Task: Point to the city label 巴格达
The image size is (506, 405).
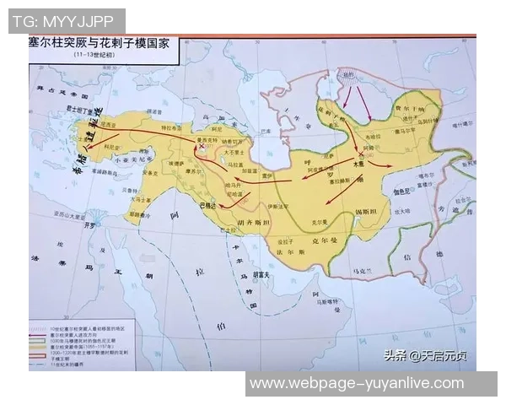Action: (207, 205)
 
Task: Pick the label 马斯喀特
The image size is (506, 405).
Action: (322, 298)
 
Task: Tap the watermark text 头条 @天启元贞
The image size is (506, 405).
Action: (429, 355)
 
